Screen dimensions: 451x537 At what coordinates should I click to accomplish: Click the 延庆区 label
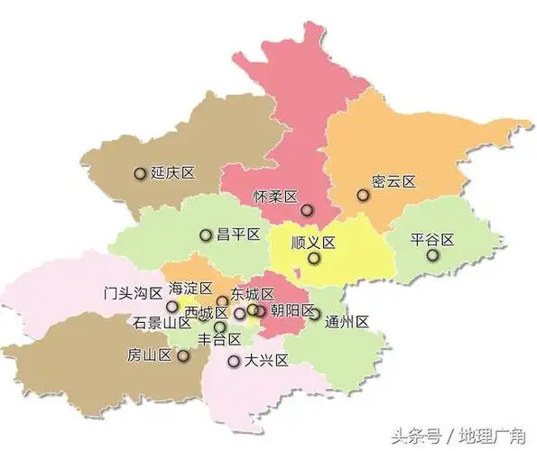[173, 173]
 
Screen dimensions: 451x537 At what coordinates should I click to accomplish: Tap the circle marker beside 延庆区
[140, 173]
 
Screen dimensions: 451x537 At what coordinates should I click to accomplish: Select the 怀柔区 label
[274, 196]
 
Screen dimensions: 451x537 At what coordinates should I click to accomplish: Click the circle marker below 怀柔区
[307, 210]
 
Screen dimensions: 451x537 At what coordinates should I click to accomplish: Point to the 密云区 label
[393, 181]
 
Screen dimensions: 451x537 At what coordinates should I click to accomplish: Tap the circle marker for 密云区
[363, 195]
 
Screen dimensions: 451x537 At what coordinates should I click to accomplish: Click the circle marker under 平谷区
[433, 256]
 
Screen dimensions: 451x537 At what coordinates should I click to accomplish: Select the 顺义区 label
[313, 243]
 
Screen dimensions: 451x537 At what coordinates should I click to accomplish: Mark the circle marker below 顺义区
[313, 259]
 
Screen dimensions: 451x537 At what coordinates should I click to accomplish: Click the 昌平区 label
[237, 235]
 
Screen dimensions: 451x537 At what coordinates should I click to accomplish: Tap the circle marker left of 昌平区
[206, 235]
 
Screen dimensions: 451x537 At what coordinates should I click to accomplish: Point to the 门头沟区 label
[133, 292]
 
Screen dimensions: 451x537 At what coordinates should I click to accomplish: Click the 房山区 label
[150, 354]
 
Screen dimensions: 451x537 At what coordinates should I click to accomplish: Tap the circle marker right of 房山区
[183, 355]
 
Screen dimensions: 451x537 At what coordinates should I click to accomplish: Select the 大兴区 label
[265, 361]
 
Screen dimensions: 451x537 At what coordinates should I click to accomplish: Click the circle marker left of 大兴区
[234, 362]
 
